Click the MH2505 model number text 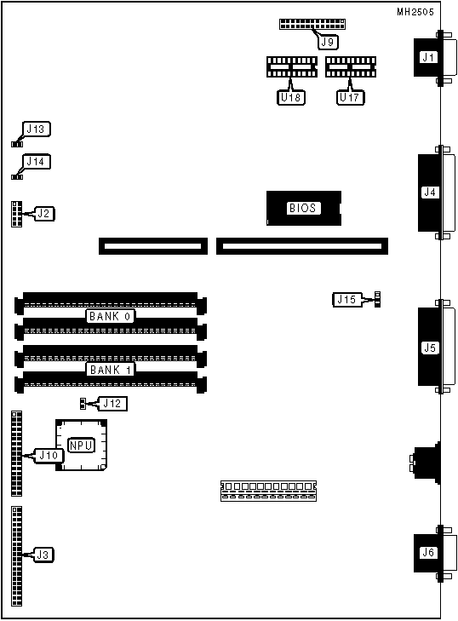coord(415,12)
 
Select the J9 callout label coord(328,42)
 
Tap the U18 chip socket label coord(291,97)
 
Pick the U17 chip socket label coord(351,97)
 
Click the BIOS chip coord(304,209)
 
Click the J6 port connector coord(434,553)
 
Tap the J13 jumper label coord(37,129)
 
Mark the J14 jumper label coord(37,162)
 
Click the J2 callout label coord(45,214)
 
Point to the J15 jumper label coord(347,299)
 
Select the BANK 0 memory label coord(110,316)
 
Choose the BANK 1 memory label coord(110,370)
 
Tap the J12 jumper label coord(112,404)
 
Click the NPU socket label coord(81,446)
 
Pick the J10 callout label coord(49,456)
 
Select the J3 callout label coord(43,555)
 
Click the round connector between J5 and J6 coord(426,463)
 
